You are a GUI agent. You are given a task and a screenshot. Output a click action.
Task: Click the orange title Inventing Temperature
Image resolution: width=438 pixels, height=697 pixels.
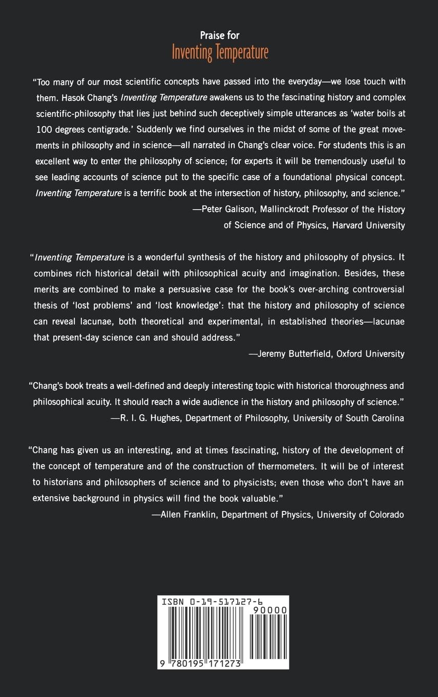click(220, 53)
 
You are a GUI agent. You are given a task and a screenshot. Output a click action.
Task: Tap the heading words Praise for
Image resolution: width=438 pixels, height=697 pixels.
click(220, 35)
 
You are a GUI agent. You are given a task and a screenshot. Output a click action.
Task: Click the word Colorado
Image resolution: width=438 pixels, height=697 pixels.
click(386, 515)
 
